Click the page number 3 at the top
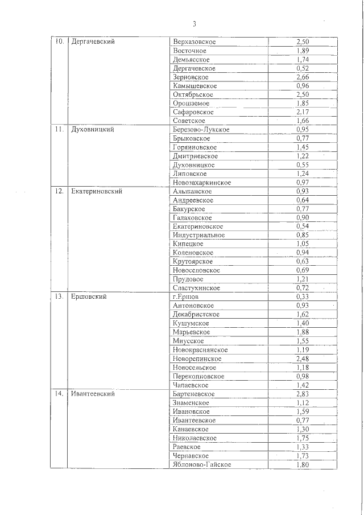point(194,24)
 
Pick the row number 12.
point(58,191)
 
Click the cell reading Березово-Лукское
point(201,130)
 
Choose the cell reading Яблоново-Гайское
point(201,465)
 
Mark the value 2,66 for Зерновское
point(303,77)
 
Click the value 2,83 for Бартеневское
point(303,394)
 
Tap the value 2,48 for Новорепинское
point(303,359)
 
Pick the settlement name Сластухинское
point(196,288)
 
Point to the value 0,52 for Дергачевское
point(303,68)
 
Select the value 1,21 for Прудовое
point(303,279)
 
